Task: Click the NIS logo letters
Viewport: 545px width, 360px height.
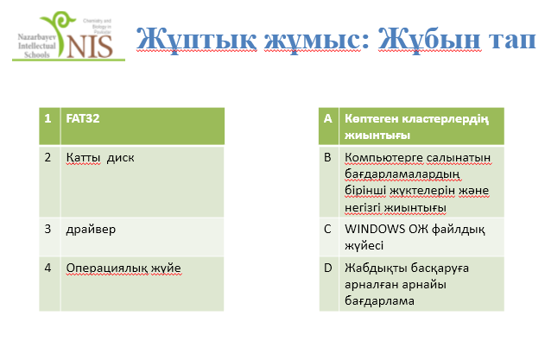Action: tap(90, 47)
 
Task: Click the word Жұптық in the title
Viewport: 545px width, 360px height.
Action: tap(197, 40)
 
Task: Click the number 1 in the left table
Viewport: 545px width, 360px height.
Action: tap(48, 118)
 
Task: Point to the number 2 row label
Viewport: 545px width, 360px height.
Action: tap(48, 157)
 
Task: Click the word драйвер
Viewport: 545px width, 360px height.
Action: tap(91, 230)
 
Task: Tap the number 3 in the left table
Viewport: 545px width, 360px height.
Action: tap(48, 229)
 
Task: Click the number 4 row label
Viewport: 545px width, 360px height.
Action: tap(48, 268)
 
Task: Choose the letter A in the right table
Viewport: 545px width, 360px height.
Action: tap(327, 118)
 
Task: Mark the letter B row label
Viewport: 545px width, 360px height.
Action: tap(327, 157)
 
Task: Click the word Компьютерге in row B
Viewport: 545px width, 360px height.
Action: tap(384, 158)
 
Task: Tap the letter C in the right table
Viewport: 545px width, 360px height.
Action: tap(327, 229)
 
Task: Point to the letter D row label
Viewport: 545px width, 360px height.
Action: tap(327, 268)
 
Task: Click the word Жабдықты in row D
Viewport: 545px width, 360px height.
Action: tap(376, 268)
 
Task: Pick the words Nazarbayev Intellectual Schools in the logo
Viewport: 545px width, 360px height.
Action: tap(37, 46)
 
